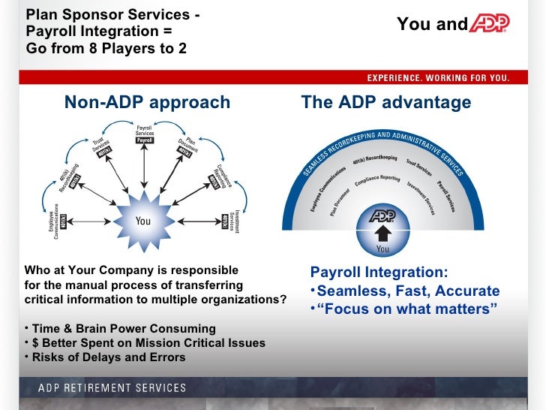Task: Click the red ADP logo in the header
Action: pyautogui.click(x=489, y=25)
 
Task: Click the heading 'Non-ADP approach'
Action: pyautogui.click(x=147, y=103)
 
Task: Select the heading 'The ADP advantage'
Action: pyautogui.click(x=385, y=103)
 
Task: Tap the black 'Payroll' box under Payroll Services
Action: pyautogui.click(x=145, y=140)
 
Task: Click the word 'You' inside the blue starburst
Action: pyautogui.click(x=142, y=221)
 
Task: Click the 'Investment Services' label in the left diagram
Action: pyautogui.click(x=233, y=222)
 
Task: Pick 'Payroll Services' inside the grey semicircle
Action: pyautogui.click(x=447, y=194)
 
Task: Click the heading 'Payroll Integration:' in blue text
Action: pyautogui.click(x=379, y=273)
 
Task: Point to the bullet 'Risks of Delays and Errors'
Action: pyautogui.click(x=108, y=357)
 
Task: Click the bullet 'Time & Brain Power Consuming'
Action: pyautogui.click(x=123, y=329)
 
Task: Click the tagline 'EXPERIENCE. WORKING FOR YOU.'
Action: pyautogui.click(x=437, y=78)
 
